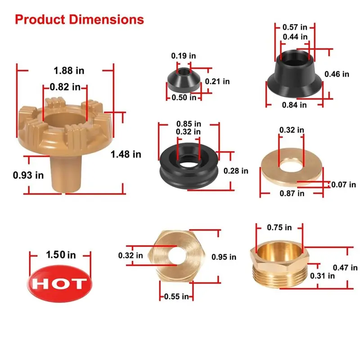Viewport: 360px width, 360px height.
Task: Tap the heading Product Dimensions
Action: (x=79, y=19)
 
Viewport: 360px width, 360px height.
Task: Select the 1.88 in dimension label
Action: (x=69, y=71)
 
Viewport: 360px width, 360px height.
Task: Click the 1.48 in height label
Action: (x=126, y=154)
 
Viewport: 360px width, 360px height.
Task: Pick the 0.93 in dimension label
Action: (x=28, y=175)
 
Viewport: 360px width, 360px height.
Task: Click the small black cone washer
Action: (x=182, y=80)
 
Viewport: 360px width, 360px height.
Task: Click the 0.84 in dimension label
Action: (x=294, y=105)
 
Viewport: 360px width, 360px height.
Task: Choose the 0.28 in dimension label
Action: (x=236, y=171)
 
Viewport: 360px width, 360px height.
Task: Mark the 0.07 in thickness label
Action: (x=343, y=184)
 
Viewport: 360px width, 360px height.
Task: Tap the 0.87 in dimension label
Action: (x=292, y=193)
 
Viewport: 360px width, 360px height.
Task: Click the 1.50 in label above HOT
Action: (x=60, y=255)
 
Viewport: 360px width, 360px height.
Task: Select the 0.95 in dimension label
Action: (x=223, y=257)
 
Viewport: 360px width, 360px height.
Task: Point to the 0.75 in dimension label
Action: (x=279, y=227)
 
